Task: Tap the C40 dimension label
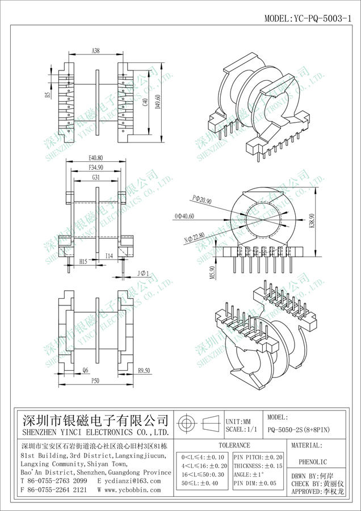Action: (145, 103)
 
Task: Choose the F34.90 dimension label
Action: (96, 168)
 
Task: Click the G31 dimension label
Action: (96, 178)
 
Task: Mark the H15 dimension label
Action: (83, 262)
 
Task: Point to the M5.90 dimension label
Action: (212, 272)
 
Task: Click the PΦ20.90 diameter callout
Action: (202, 200)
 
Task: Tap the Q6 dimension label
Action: (85, 370)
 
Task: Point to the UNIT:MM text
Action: (238, 422)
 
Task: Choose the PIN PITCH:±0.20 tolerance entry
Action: (258, 456)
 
